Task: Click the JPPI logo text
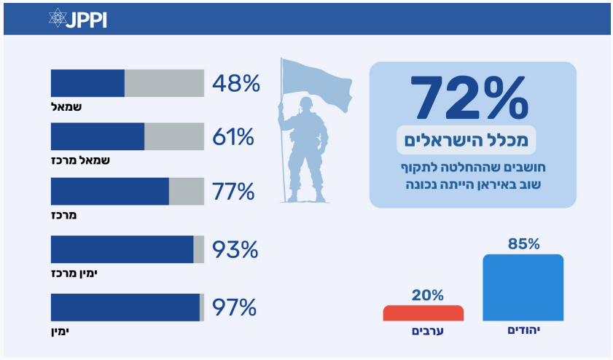pyautogui.click(x=86, y=19)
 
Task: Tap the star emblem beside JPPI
pyautogui.click(x=58, y=19)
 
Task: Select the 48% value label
pyautogui.click(x=236, y=84)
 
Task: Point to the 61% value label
pyautogui.click(x=233, y=137)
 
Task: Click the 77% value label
pyautogui.click(x=233, y=192)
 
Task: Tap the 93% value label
pyautogui.click(x=235, y=250)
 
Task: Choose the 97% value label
pyautogui.click(x=234, y=308)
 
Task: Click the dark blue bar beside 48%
pyautogui.click(x=87, y=83)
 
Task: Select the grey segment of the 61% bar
pyautogui.click(x=174, y=136)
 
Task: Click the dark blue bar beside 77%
pyautogui.click(x=109, y=191)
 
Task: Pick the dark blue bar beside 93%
pyautogui.click(x=122, y=249)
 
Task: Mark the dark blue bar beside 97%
pyautogui.click(x=125, y=308)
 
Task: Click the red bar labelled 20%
pyautogui.click(x=423, y=313)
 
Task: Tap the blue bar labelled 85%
pyautogui.click(x=523, y=288)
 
